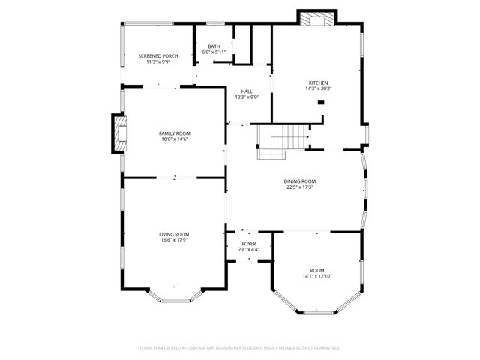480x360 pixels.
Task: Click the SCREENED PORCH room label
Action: click(x=158, y=56)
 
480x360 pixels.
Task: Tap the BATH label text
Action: click(x=214, y=46)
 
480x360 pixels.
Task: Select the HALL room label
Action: click(x=247, y=91)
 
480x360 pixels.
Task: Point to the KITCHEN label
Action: click(x=319, y=82)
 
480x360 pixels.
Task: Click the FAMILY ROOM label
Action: click(x=174, y=133)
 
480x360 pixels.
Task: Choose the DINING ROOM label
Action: click(x=299, y=181)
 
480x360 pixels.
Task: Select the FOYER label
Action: click(x=248, y=243)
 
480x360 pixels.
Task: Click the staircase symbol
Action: click(x=282, y=142)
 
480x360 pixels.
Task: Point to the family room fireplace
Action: click(x=118, y=133)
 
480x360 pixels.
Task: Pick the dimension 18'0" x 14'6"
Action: click(x=174, y=139)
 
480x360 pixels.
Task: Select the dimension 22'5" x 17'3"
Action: click(x=299, y=187)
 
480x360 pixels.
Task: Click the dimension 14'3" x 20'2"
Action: click(x=319, y=89)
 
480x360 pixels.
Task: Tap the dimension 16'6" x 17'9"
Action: click(x=174, y=241)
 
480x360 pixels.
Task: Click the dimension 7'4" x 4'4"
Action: click(x=248, y=249)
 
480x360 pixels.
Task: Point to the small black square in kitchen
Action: click(x=321, y=101)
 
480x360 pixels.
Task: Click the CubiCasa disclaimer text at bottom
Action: click(x=240, y=348)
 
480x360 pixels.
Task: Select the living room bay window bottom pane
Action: click(x=177, y=300)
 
